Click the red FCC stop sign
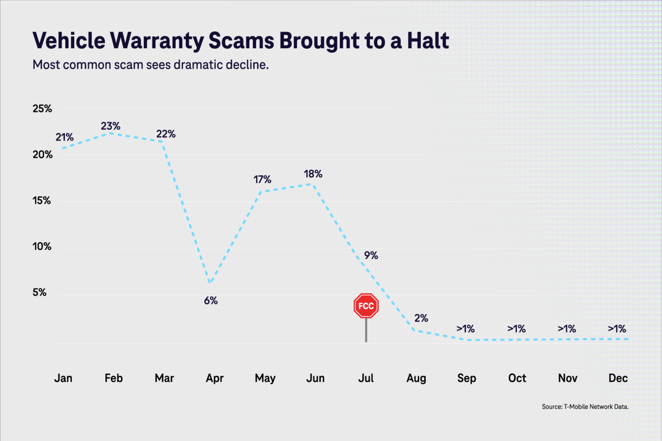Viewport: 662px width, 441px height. point(366,306)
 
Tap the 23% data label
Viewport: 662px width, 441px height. point(111,126)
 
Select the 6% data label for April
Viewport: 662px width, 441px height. point(211,301)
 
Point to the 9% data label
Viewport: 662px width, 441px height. point(371,256)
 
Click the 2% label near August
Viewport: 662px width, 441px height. point(421,318)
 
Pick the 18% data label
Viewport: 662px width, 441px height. point(313,174)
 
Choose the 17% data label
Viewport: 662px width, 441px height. point(262,180)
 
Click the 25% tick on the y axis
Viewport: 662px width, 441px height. point(42,109)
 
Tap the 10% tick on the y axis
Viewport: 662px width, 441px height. point(42,247)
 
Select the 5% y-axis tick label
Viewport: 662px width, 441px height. point(40,292)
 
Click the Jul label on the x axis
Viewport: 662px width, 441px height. point(366,378)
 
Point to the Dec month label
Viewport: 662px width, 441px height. point(618,378)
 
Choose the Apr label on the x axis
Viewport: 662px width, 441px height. point(215,379)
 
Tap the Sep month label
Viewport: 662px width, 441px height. point(467,379)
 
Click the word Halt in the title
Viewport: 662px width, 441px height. point(428,40)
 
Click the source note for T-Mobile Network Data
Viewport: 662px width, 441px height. point(585,407)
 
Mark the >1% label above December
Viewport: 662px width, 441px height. point(617,329)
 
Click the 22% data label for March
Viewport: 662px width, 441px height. point(166,134)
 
